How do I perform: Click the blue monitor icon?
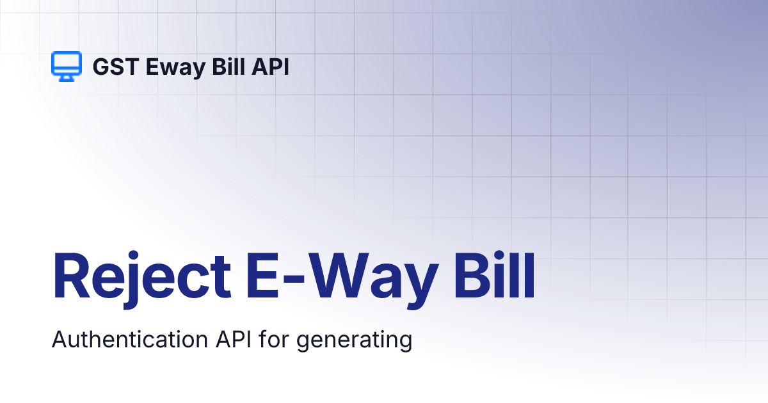pos(66,66)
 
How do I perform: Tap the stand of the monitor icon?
pos(66,77)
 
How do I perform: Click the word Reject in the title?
pos(141,277)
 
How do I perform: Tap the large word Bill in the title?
pos(494,277)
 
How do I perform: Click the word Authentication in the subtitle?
pos(128,340)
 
